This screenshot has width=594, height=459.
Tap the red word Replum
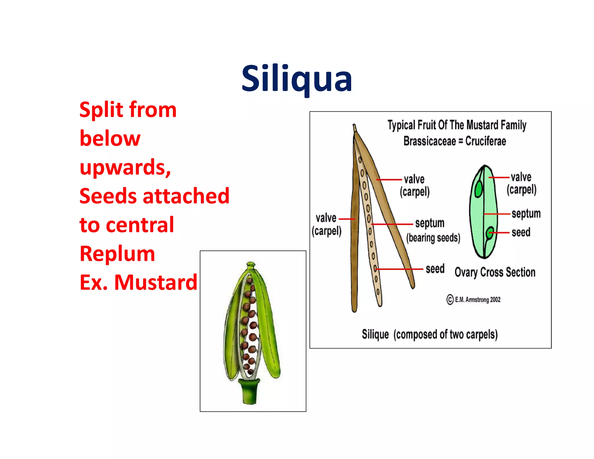tap(117, 254)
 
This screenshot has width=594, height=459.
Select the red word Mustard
tap(156, 282)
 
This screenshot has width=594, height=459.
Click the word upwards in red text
tap(125, 167)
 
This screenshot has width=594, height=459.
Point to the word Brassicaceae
tap(430, 141)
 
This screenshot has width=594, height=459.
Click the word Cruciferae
tap(486, 141)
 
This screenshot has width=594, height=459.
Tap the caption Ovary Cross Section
tap(495, 272)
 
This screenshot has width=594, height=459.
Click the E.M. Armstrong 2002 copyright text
tap(474, 299)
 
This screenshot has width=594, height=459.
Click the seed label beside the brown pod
tap(435, 269)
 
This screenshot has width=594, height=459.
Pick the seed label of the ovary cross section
tap(521, 232)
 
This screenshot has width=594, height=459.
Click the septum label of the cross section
tap(526, 214)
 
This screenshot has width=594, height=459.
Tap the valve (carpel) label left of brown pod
tap(327, 224)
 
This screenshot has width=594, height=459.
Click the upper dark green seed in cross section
tap(478, 189)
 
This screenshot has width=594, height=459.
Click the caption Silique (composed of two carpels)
tap(430, 335)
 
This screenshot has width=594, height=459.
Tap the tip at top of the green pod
tap(251, 265)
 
